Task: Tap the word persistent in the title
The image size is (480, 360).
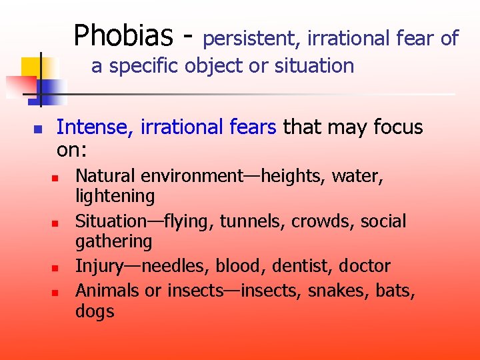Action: click(x=249, y=39)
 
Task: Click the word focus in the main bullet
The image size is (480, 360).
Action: click(x=399, y=127)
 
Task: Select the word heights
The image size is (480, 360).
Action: click(x=286, y=177)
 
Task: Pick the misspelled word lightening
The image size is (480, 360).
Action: click(x=115, y=197)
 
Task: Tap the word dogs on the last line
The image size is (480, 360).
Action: click(x=95, y=311)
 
